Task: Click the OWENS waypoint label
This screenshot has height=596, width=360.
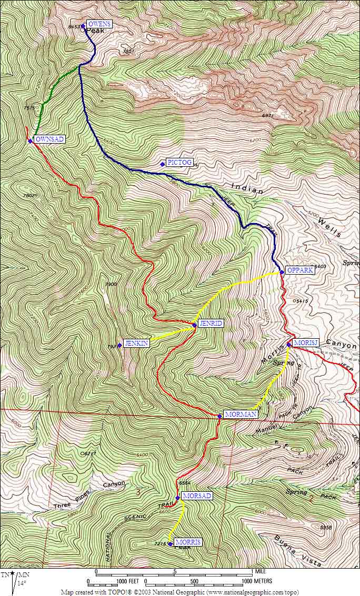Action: coord(99,24)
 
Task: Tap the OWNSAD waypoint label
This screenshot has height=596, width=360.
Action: coord(49,139)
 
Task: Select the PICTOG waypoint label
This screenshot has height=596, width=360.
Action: coord(179,163)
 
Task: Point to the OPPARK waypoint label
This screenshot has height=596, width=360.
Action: coord(301,270)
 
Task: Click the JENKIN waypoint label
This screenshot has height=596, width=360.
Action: coord(136,343)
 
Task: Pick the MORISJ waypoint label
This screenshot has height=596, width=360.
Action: coord(306,343)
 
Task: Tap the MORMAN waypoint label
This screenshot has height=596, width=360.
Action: coord(241,415)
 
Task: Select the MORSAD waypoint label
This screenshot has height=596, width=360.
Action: coord(197,496)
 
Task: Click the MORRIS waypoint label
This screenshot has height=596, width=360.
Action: coord(188,542)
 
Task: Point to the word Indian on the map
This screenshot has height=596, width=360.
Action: coord(247,189)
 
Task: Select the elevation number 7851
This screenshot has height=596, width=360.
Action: coord(128,51)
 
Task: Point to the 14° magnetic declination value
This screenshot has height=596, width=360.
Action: coord(22,583)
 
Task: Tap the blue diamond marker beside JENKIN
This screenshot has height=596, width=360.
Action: coord(119,345)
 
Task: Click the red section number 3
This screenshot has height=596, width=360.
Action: coord(138,492)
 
